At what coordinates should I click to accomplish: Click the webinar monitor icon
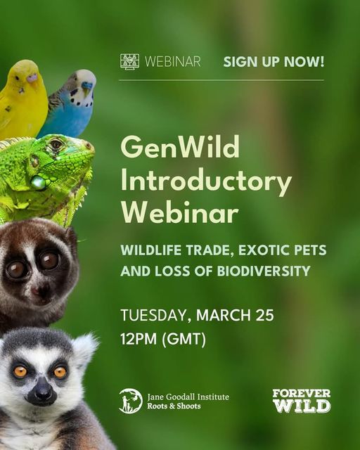(130, 61)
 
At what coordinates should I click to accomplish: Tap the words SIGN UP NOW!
(274, 62)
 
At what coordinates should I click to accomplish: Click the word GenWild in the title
(180, 147)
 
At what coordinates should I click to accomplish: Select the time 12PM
(139, 339)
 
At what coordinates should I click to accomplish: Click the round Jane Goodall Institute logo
(131, 401)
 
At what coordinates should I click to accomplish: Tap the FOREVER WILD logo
(302, 401)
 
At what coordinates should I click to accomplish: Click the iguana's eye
(56, 144)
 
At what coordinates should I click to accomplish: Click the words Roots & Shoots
(174, 406)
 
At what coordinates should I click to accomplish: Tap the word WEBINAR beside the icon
(173, 62)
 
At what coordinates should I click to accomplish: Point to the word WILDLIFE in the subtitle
(151, 250)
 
